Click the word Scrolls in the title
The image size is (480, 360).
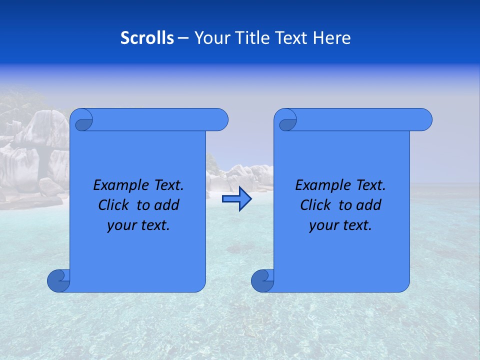point(147,38)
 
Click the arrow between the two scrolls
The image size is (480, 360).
point(236,199)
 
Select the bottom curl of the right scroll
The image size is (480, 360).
point(262,280)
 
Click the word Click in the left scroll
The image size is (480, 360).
point(113,205)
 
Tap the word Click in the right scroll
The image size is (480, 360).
point(315,205)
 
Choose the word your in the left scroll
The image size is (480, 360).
point(121,225)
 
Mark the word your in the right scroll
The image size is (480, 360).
point(323,225)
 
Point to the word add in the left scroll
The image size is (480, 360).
point(166,205)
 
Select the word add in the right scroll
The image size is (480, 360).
point(368,205)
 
